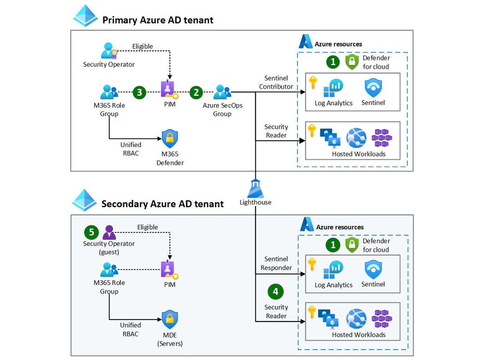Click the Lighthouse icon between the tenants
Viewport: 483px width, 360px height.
pos(256,187)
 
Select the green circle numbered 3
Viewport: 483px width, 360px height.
pos(139,92)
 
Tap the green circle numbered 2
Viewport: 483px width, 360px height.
pos(196,92)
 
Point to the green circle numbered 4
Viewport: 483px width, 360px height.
pos(276,292)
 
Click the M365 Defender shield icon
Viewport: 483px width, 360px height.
pos(169,139)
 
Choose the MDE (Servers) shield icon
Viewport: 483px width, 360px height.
pos(169,320)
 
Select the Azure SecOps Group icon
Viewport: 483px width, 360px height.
pos(222,92)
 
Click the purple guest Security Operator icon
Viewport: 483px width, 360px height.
pos(109,232)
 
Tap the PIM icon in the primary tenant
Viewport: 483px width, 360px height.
pos(169,89)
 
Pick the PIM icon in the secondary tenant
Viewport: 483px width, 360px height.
pos(169,270)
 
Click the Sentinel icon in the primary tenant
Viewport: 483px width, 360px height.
pos(373,87)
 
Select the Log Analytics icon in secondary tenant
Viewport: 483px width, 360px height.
pos(333,270)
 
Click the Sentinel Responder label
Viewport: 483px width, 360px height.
pos(276,263)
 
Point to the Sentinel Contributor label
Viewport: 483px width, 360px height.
pos(276,82)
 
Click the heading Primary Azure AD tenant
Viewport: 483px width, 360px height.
pos(158,20)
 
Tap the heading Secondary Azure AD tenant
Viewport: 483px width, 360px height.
pos(162,204)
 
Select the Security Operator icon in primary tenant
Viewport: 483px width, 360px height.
pos(109,51)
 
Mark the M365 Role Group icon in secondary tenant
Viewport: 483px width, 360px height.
pos(109,269)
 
